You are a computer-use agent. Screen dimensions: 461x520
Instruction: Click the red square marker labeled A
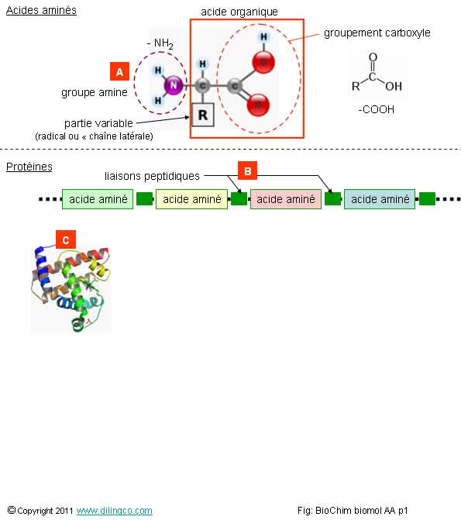coord(119,71)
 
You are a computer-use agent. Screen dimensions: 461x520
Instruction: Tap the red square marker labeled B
coord(247,170)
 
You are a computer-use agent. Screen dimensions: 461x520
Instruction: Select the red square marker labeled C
coord(66,239)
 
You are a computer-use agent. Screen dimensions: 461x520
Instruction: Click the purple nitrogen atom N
coord(174,85)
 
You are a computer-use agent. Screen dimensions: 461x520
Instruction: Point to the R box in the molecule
coord(203,115)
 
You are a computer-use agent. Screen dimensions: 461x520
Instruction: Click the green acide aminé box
coord(98,199)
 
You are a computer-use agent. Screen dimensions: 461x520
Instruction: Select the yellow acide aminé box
coord(191,199)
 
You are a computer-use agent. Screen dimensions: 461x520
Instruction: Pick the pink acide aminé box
coord(286,199)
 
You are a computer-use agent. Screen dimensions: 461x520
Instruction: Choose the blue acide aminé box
coord(380,199)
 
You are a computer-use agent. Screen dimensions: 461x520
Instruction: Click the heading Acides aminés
coord(41,10)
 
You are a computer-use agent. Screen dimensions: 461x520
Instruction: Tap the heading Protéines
coord(29,167)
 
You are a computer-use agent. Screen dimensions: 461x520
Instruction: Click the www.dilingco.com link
coord(115,511)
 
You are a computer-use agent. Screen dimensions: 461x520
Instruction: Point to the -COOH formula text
coord(377,109)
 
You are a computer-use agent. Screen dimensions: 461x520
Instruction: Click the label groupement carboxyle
coord(377,33)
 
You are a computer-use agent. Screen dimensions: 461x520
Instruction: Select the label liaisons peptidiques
coord(152,176)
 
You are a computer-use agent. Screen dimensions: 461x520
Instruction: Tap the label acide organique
coord(239,12)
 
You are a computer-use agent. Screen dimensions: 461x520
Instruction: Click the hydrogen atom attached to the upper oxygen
coord(263,37)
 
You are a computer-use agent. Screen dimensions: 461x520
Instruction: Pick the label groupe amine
coord(95,92)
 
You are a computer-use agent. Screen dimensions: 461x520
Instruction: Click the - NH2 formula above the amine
coord(160,43)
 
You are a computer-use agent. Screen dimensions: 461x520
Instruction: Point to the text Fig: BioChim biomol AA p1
coord(353,511)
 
